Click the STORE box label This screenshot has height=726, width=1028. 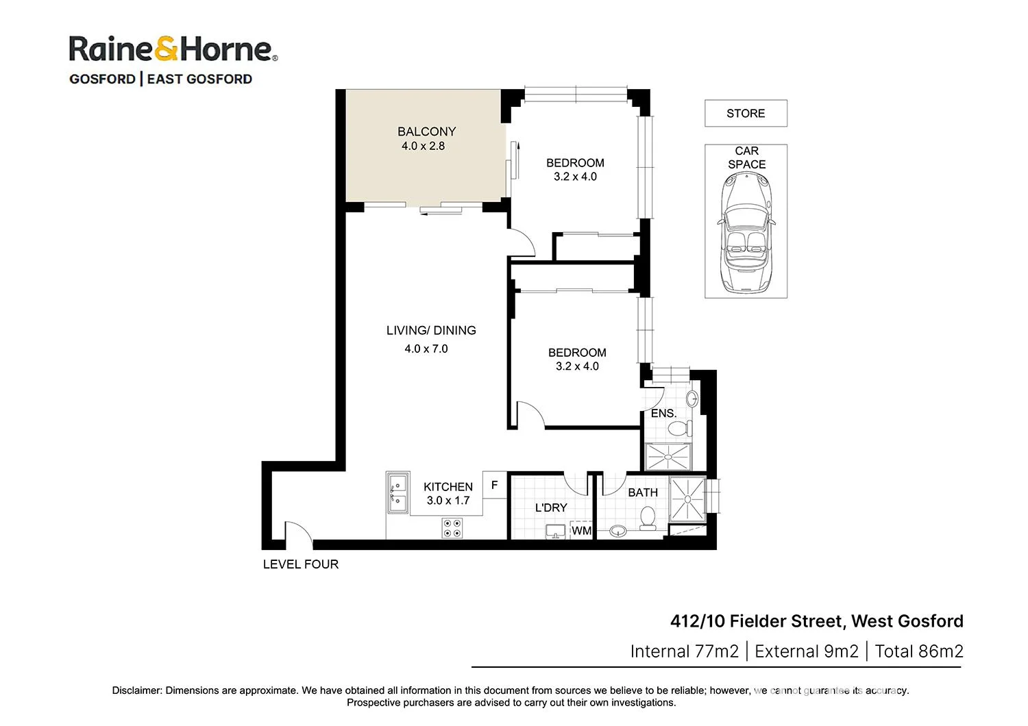click(x=746, y=114)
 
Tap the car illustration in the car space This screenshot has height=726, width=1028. click(x=746, y=233)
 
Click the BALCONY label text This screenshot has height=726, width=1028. click(x=426, y=132)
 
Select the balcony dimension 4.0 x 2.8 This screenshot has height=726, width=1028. click(x=423, y=146)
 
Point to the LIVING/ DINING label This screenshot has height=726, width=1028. click(x=431, y=330)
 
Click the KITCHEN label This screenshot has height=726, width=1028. click(x=448, y=487)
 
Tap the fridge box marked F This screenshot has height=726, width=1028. click(x=494, y=485)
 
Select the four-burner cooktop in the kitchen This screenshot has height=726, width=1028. click(x=452, y=528)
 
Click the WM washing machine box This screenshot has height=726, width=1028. click(x=581, y=531)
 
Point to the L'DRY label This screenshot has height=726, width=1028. click(x=551, y=508)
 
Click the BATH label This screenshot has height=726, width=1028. click(x=642, y=492)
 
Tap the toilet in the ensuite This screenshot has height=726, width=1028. click(x=679, y=429)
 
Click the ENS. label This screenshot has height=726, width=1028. click(x=663, y=413)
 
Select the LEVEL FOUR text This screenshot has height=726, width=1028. click(x=301, y=564)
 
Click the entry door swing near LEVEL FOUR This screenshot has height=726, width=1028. click(x=297, y=534)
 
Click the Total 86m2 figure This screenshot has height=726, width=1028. click(x=918, y=651)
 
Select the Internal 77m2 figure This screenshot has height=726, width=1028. click(x=684, y=651)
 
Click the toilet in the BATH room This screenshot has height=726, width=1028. click(x=647, y=518)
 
